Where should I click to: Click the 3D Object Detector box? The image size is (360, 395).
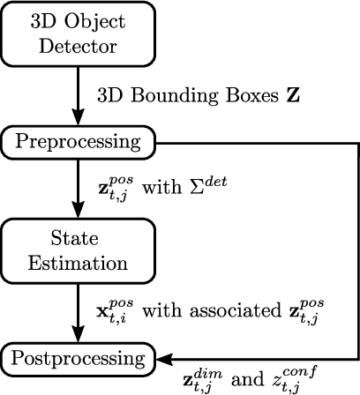coord(78,33)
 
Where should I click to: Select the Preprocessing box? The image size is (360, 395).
coord(78,141)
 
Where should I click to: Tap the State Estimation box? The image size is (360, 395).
coord(78,250)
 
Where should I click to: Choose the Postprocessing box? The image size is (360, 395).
coord(78,358)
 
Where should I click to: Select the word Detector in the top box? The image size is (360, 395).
coord(78,44)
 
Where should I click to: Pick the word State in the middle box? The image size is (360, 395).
coord(78,238)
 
